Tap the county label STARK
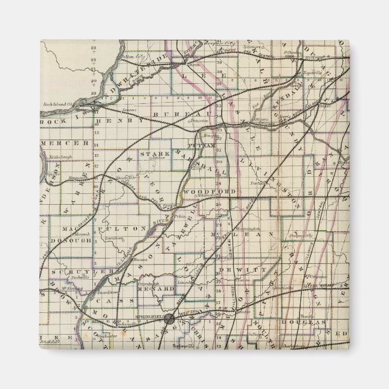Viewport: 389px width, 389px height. point(150,155)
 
